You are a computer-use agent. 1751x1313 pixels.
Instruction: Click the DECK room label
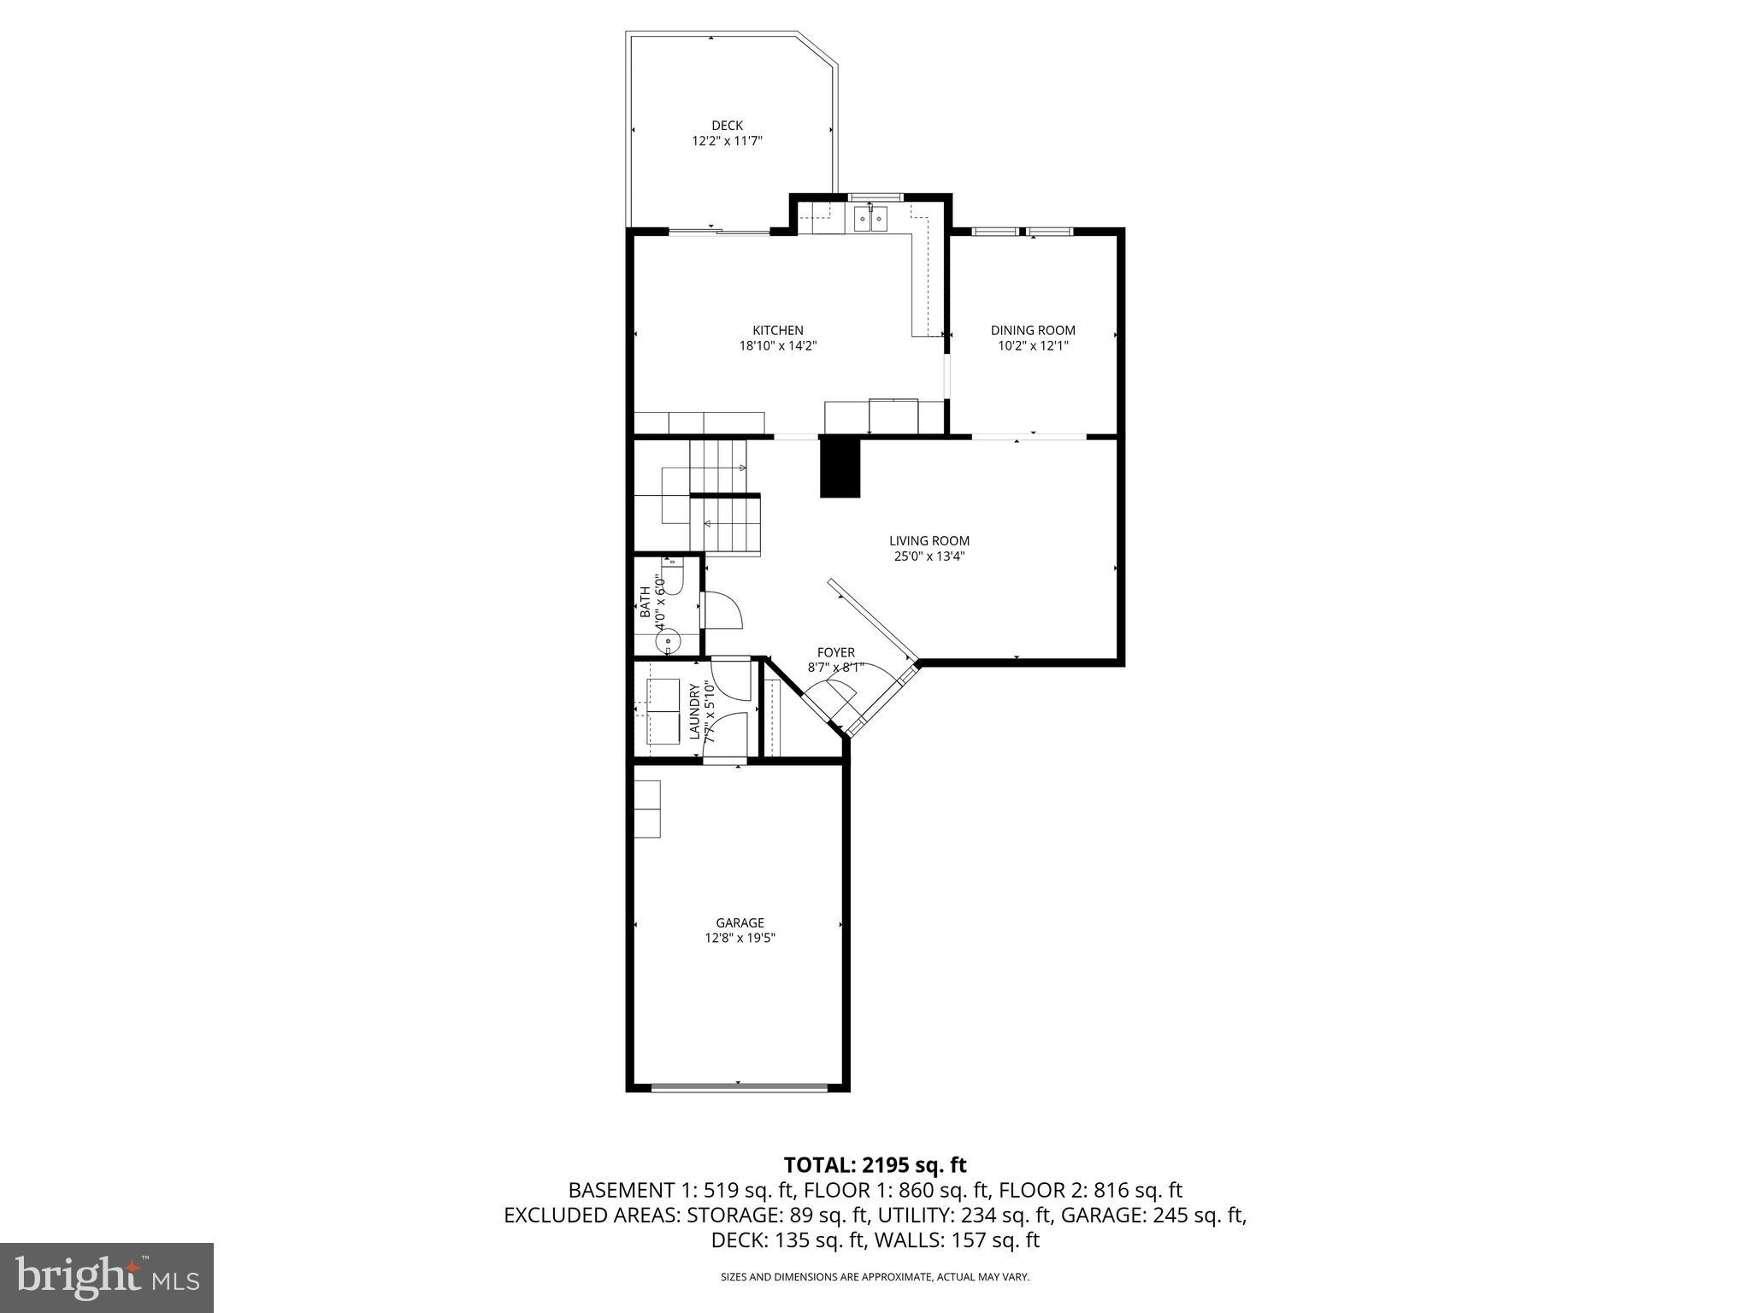click(x=727, y=126)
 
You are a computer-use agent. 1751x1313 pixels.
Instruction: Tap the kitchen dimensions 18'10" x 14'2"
click(x=778, y=346)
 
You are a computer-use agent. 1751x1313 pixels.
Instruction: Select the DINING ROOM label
click(x=1033, y=330)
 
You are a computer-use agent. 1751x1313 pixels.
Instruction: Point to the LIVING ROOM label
click(x=929, y=540)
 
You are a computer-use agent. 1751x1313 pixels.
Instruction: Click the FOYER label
click(x=836, y=652)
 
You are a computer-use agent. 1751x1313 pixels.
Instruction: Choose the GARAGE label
click(x=740, y=922)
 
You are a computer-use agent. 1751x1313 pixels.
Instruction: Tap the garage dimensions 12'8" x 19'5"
click(x=740, y=938)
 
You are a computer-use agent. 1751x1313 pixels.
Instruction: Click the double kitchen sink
click(x=870, y=219)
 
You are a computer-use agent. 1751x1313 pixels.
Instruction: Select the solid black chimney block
click(x=840, y=467)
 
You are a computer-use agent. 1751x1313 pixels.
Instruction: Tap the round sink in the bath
click(x=667, y=640)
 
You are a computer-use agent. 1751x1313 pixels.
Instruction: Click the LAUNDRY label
click(x=695, y=711)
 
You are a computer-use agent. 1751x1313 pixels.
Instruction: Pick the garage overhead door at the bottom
click(x=739, y=1087)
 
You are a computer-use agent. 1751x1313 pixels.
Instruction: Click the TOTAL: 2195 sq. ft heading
click(x=875, y=1164)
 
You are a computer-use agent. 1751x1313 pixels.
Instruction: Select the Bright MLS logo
click(x=107, y=1277)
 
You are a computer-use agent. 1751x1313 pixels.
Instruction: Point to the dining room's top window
click(x=1022, y=230)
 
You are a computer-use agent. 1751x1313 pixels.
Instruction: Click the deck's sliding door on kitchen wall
click(x=718, y=231)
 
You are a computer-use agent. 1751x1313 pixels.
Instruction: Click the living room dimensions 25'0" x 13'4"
click(x=929, y=556)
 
